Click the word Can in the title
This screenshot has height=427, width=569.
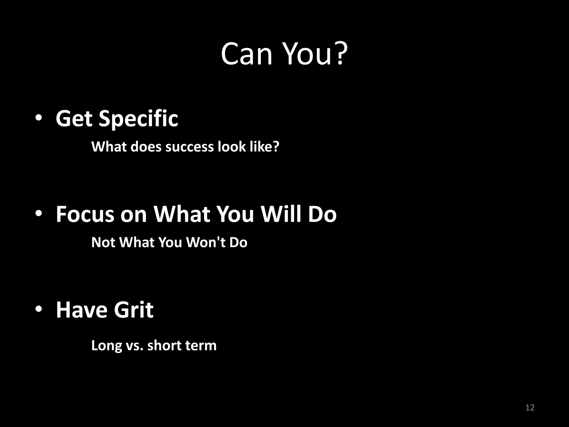(x=246, y=54)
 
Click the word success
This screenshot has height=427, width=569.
(x=189, y=147)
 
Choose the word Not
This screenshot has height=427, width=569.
(x=103, y=242)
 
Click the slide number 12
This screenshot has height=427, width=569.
(x=530, y=408)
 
